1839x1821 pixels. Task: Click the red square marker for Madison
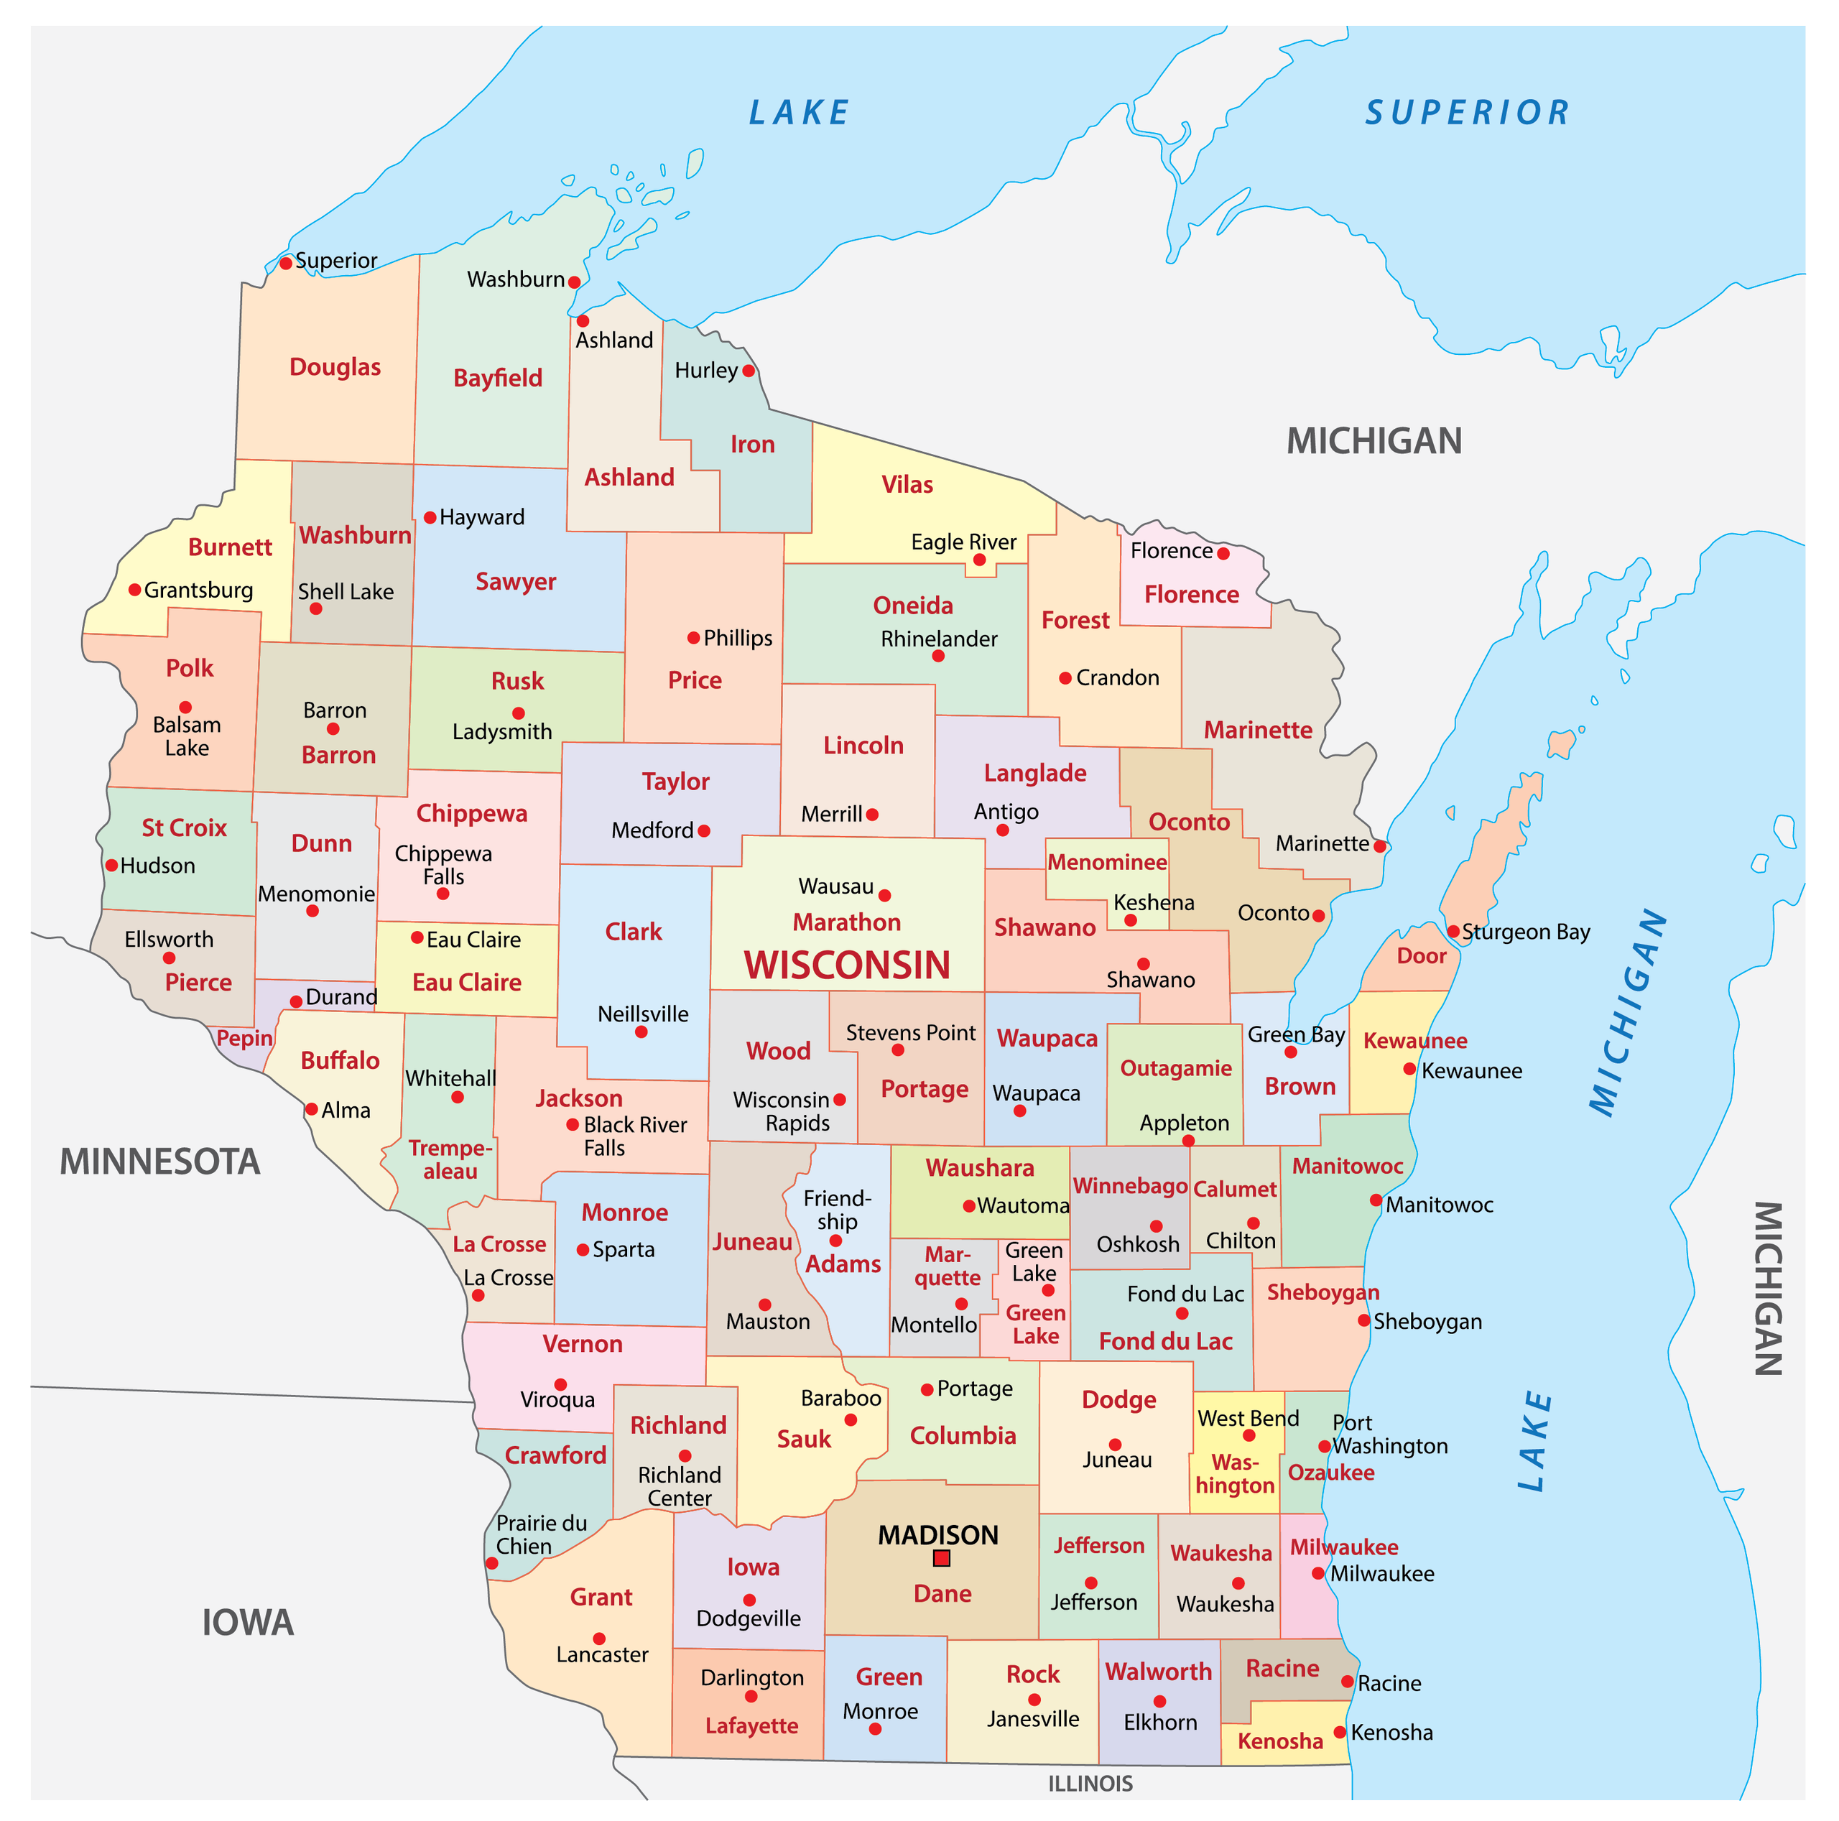(941, 1558)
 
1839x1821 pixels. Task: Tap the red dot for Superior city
(286, 263)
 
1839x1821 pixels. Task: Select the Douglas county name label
(335, 368)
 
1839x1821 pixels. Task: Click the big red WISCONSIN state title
(847, 965)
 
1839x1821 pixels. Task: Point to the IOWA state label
(248, 1622)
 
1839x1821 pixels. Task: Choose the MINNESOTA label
(160, 1162)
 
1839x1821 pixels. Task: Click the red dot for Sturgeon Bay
(1453, 931)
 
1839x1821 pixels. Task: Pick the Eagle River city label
(963, 542)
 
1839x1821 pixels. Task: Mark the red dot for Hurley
(748, 370)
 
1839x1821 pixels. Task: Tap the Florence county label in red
(1192, 595)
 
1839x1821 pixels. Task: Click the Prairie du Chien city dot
(492, 1563)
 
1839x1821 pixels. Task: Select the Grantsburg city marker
(135, 590)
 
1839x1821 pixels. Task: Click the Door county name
(1421, 955)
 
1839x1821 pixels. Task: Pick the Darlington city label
(752, 1677)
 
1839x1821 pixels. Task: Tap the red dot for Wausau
(884, 895)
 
